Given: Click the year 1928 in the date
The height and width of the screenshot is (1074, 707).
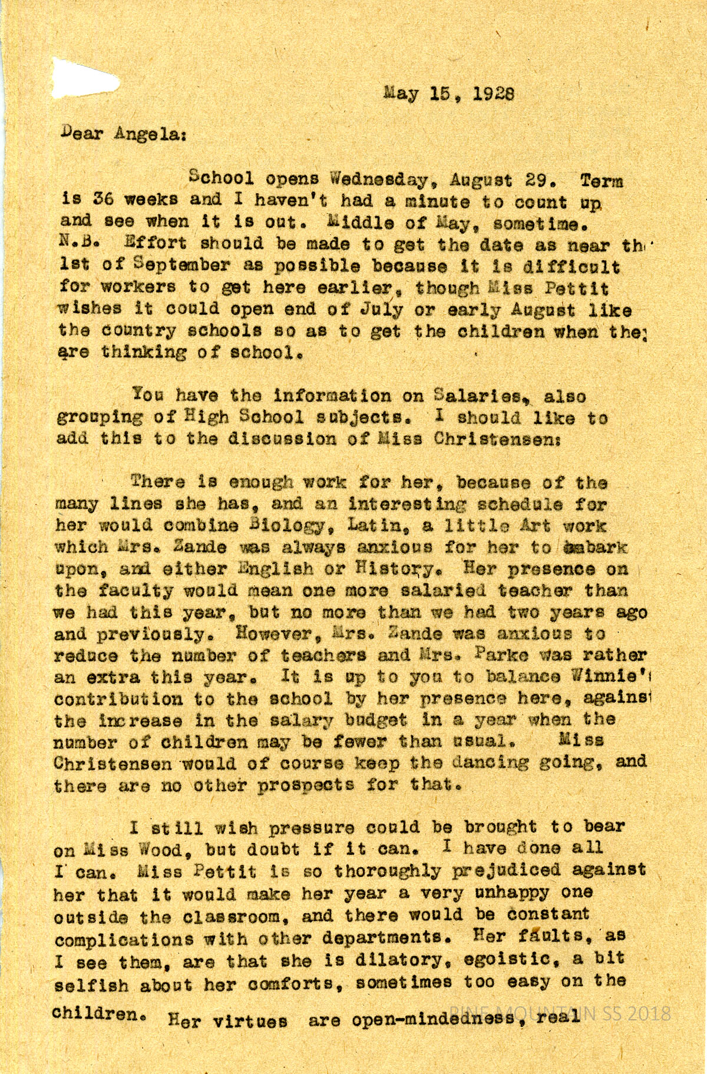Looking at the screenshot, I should (x=494, y=94).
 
